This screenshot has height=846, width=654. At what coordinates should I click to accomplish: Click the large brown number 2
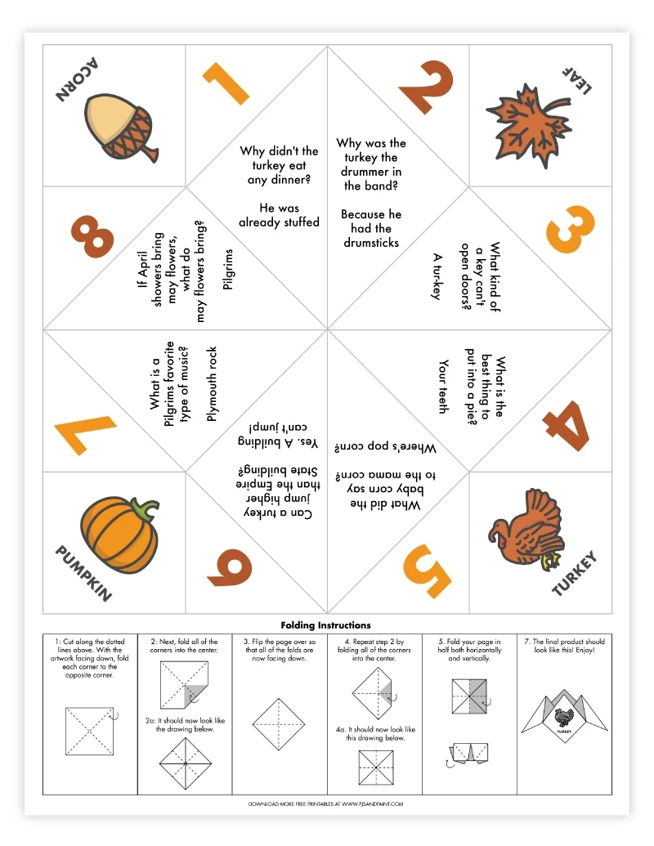pos(426,86)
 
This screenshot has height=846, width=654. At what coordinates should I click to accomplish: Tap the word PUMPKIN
pos(82,574)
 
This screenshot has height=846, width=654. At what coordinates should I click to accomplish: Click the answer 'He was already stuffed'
pos(279,215)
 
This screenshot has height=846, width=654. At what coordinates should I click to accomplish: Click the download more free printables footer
pos(325,803)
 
